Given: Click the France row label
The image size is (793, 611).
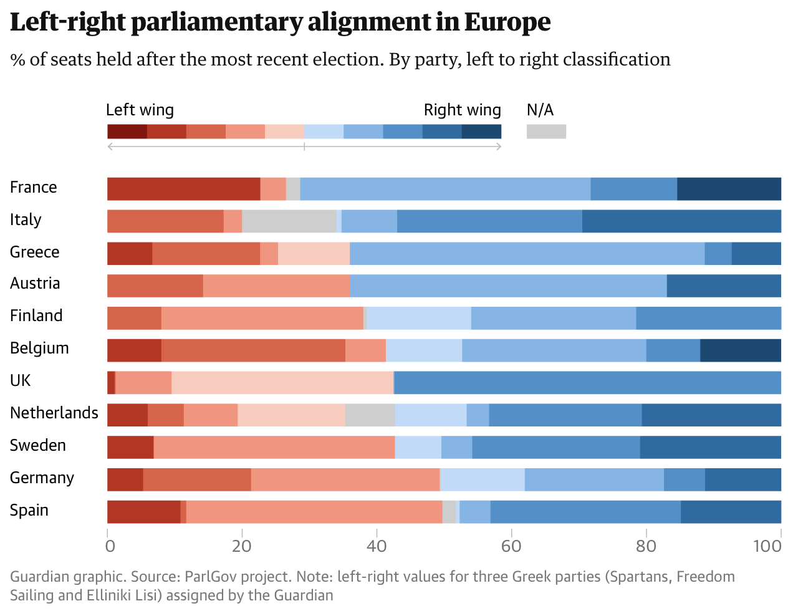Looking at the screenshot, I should [x=34, y=188].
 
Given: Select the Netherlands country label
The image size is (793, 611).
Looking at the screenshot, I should [x=54, y=413].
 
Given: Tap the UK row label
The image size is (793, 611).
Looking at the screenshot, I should [x=20, y=381].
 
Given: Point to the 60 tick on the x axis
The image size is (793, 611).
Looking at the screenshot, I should [x=511, y=546].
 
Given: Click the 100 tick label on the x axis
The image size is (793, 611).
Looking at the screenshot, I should [x=767, y=546].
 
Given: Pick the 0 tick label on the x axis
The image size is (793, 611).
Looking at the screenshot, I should [x=110, y=546].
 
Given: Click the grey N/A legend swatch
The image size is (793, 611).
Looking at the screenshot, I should [x=546, y=132].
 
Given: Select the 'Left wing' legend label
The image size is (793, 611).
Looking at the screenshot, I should [x=140, y=110].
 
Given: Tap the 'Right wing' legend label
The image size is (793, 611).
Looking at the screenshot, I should [x=462, y=110].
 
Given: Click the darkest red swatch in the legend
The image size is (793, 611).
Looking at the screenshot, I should [x=127, y=132].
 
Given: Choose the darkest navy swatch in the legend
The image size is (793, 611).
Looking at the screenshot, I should [x=481, y=132].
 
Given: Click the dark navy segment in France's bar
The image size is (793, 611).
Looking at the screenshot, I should [x=729, y=189].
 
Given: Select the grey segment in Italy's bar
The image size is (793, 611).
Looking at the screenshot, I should [x=289, y=221].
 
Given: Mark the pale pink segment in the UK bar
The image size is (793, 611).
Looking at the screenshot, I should [x=282, y=383].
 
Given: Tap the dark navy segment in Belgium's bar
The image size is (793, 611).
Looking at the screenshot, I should [x=741, y=350].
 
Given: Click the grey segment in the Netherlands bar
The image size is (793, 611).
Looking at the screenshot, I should [x=370, y=415].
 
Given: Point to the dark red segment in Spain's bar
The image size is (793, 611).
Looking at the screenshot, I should [x=144, y=512].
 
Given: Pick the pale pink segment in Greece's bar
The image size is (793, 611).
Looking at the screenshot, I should [x=314, y=254].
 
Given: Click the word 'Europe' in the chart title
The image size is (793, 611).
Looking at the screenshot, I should [x=507, y=22].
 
